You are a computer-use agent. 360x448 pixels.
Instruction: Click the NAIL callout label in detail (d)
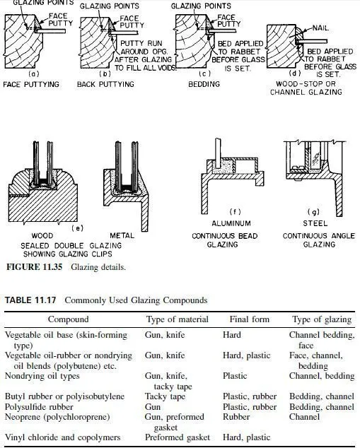320,28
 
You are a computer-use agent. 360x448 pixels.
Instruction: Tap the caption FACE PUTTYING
31,85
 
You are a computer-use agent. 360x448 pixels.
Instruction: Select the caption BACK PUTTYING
105,85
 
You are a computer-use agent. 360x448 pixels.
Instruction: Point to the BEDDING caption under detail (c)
204,84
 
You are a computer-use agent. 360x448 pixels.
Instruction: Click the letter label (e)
77,228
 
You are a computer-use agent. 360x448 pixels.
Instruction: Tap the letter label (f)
235,212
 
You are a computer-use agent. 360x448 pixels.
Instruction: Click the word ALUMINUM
231,223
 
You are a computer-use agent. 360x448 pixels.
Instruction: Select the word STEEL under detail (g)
315,223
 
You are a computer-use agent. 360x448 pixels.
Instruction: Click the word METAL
122,236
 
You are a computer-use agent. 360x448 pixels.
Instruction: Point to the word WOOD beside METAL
42,236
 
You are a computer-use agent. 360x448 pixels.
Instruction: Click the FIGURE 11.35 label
35,267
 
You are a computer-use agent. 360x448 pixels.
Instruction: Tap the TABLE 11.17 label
30,300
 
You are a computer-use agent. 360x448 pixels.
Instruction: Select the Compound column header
68,319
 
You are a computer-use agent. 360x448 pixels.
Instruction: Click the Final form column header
250,319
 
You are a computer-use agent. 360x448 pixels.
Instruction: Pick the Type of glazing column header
322,319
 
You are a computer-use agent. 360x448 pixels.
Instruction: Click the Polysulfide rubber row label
39,407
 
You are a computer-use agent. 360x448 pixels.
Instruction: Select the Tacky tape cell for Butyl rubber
165,396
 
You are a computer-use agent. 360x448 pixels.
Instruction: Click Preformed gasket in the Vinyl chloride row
178,437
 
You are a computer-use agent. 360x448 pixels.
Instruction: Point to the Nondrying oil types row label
42,376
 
